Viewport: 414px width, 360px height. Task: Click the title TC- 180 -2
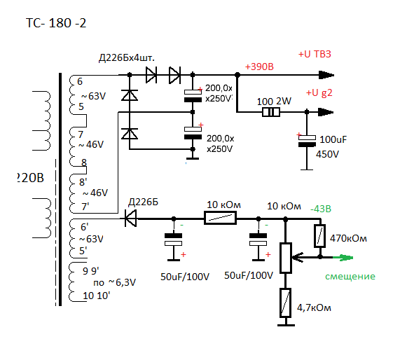pos(56,23)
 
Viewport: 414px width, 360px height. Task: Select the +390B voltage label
pos(259,67)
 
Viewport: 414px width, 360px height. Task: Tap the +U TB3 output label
pos(315,54)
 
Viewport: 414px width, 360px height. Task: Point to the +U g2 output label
pos(319,93)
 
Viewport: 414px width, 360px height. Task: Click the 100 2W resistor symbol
pos(271,113)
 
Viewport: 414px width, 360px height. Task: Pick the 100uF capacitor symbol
pos(307,141)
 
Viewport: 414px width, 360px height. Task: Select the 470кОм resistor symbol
pos(319,236)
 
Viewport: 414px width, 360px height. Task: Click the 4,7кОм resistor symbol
pos(285,303)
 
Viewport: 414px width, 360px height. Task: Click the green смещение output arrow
pos(343,258)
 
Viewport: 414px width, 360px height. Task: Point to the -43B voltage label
pos(321,209)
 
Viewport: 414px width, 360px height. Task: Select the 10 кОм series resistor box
pos(220,219)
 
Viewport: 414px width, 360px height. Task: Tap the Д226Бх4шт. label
pos(127,57)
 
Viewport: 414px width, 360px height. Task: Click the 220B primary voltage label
pos(30,178)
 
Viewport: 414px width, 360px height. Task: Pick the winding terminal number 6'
pos(85,227)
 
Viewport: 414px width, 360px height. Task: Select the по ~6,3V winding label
pos(114,283)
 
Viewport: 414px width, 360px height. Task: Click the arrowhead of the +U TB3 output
pos(326,75)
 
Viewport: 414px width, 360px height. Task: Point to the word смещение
pos(350,277)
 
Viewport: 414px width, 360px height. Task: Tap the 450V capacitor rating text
pos(327,154)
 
